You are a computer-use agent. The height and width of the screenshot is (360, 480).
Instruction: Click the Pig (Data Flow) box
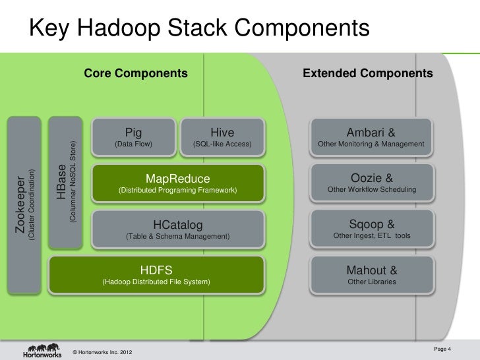[x=133, y=136]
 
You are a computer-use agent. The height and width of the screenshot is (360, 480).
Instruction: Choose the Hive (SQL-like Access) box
[x=222, y=136]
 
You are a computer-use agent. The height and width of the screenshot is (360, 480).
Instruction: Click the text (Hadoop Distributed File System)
[x=156, y=282]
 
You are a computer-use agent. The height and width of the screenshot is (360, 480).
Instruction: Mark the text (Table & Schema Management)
[x=177, y=236]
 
